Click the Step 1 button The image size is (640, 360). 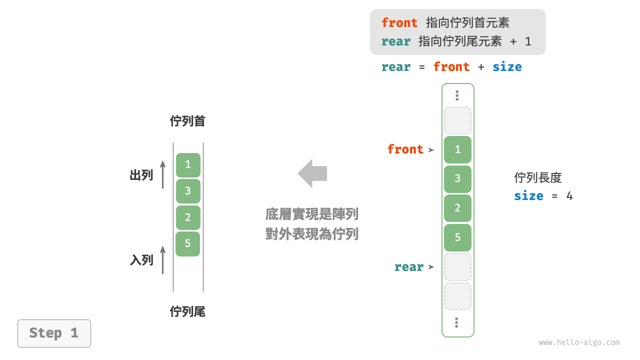click(x=54, y=333)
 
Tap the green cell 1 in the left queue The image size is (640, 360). click(x=188, y=164)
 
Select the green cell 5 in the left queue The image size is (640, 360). click(x=188, y=243)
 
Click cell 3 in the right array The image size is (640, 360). click(x=457, y=178)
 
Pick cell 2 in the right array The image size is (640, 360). click(x=457, y=208)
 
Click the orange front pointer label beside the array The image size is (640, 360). click(x=405, y=149)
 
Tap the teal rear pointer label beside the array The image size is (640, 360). click(x=408, y=267)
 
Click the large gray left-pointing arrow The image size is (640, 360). click(x=312, y=173)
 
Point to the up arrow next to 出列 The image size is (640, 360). click(x=163, y=174)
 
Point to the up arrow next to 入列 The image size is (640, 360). click(x=163, y=259)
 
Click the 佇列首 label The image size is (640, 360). click(x=187, y=121)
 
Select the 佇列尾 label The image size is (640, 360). click(x=187, y=312)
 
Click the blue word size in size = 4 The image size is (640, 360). click(x=528, y=195)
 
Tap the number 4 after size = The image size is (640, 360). click(x=569, y=195)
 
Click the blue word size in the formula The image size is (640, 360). click(x=507, y=67)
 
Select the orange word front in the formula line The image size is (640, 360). click(x=451, y=67)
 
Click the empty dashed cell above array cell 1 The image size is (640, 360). click(x=457, y=120)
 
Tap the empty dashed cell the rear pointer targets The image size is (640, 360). click(x=457, y=267)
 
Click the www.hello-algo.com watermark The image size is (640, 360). click(x=579, y=342)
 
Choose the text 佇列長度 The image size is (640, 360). click(x=538, y=177)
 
